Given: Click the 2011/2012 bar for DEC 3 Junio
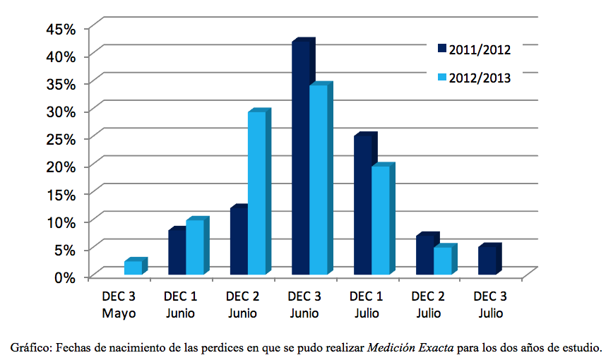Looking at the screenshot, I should coord(300,158).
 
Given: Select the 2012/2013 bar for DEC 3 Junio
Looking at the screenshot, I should coord(318,180).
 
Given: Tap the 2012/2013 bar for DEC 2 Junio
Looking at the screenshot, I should coord(256,193).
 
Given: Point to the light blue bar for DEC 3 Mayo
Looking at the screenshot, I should coord(133,268).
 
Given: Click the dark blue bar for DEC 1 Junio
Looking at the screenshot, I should coord(177,252).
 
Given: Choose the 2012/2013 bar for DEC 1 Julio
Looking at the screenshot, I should coord(380,220).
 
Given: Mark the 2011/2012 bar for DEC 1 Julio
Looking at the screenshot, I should coord(362,205).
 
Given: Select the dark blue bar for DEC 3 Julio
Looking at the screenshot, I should coord(486,260).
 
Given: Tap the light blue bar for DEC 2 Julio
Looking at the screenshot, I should coord(441,261).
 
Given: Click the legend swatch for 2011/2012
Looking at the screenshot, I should coord(442,49).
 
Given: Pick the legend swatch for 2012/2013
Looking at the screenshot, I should coord(442,77).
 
